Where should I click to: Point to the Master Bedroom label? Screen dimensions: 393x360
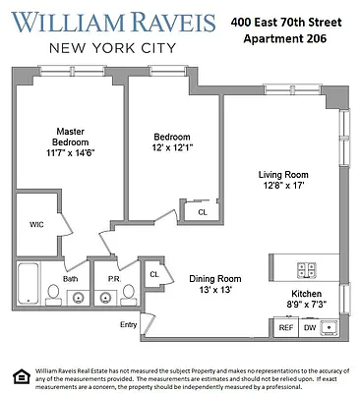coord(70,137)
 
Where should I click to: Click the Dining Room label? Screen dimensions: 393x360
coord(214,279)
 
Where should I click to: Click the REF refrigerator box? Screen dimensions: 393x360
coord(285,327)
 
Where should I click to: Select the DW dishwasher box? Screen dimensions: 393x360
coord(308,327)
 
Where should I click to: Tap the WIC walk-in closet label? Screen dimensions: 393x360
coord(36,225)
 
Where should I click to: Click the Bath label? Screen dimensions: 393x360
coord(70,279)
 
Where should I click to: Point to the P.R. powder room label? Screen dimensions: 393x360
coord(112,279)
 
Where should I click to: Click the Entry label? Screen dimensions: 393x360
coord(129,324)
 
